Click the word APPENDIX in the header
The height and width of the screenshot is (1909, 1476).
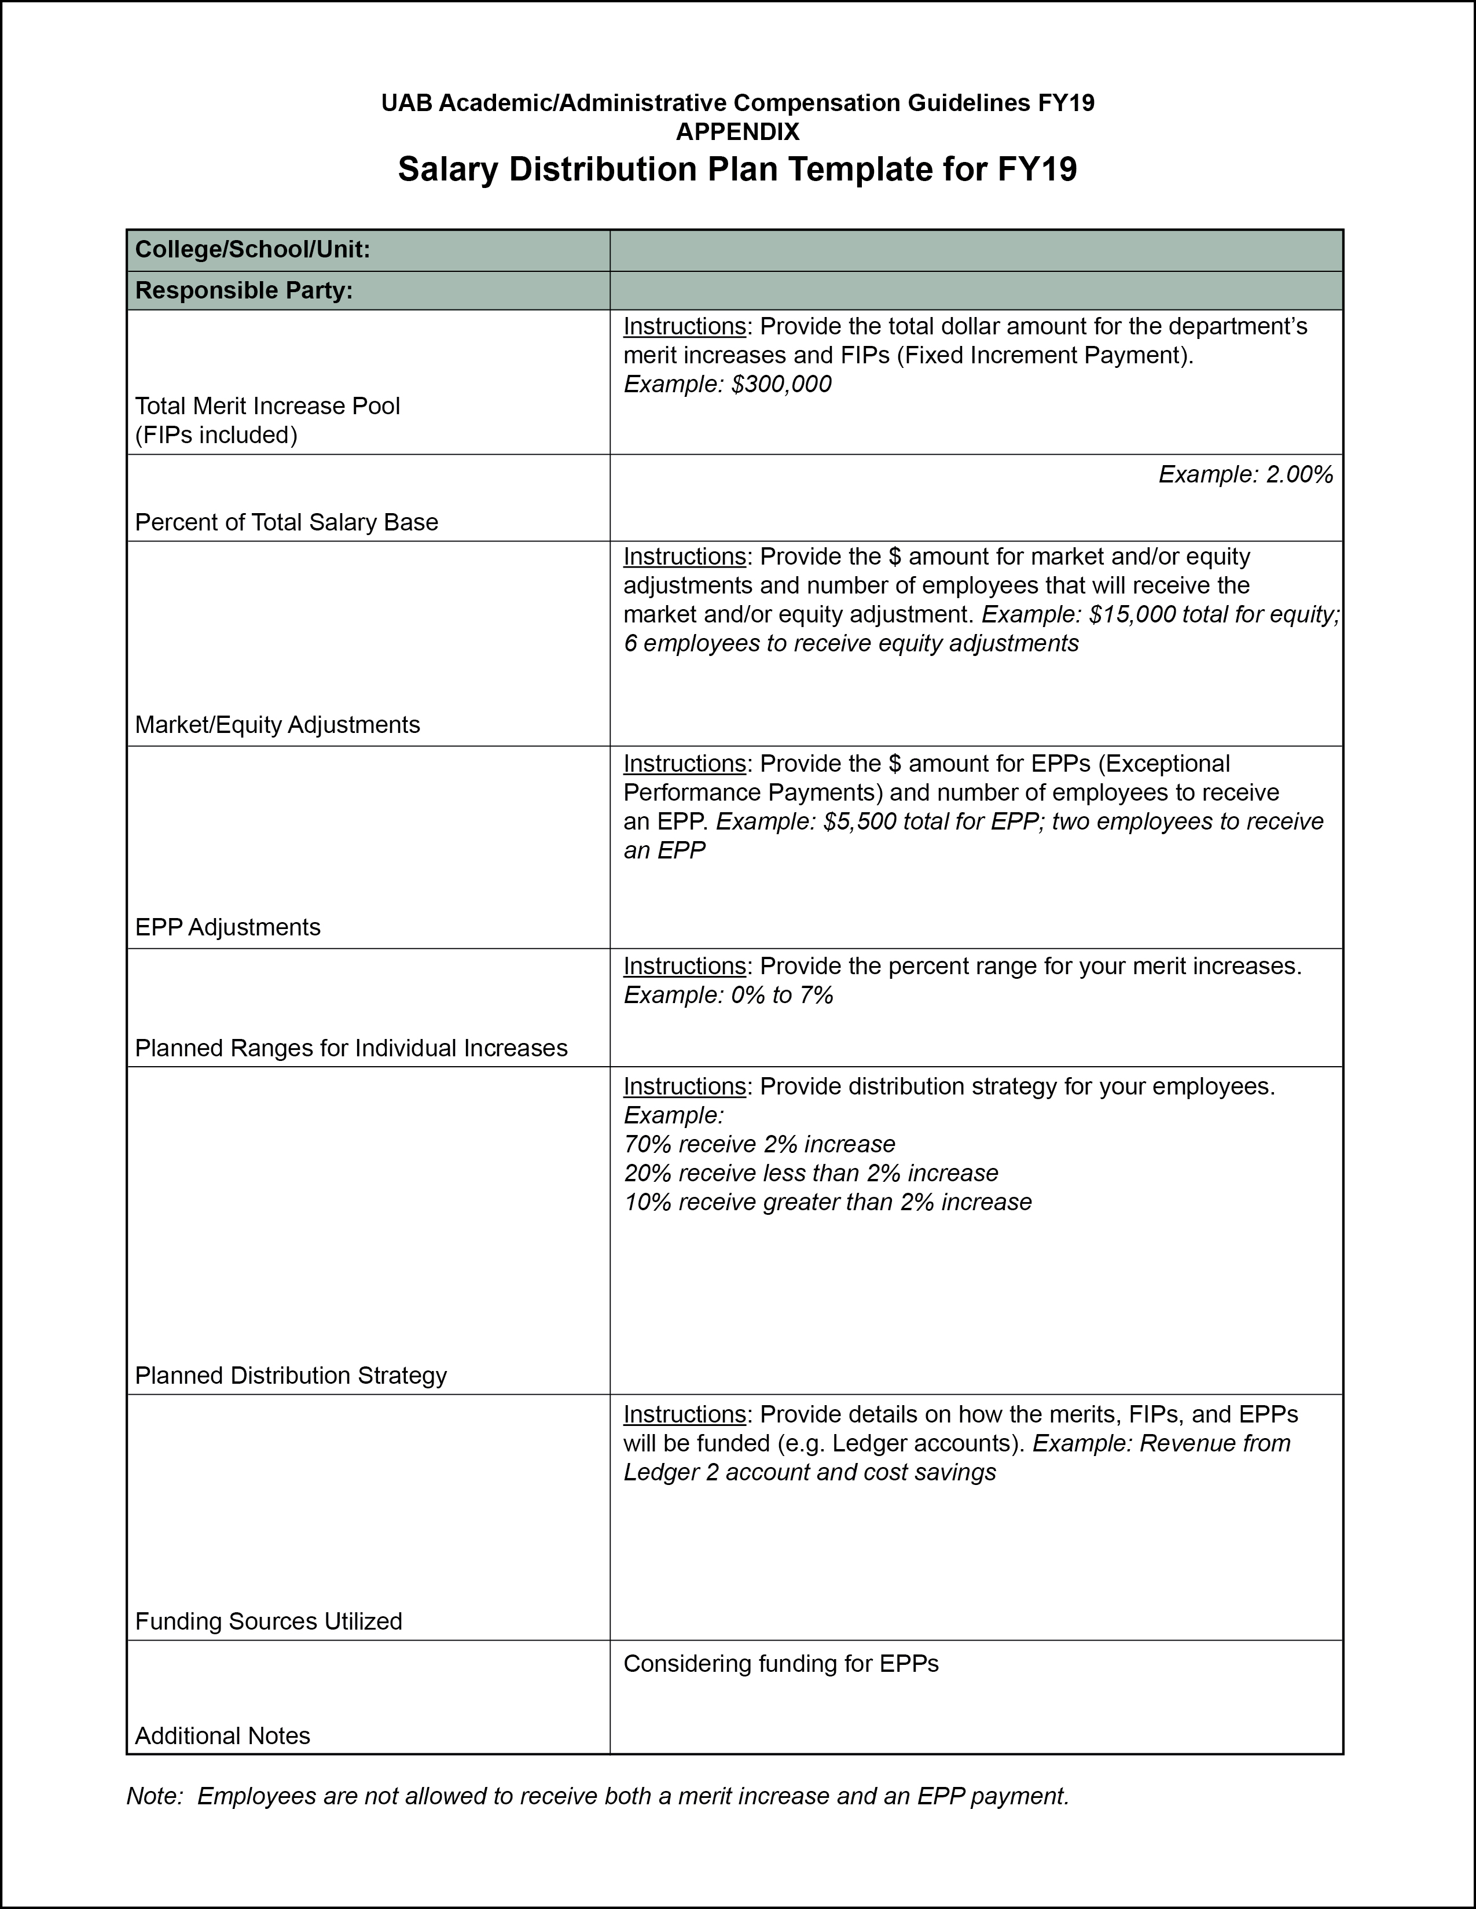click(x=737, y=132)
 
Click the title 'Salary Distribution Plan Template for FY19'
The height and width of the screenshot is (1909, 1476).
click(x=737, y=169)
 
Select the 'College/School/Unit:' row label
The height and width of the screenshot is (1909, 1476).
click(x=253, y=250)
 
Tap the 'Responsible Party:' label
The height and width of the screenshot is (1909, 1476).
click(x=244, y=290)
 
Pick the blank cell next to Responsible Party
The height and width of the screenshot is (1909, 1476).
click(x=976, y=291)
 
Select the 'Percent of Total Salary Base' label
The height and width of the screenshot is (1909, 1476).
click(x=287, y=523)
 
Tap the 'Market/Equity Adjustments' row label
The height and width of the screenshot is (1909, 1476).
click(x=277, y=725)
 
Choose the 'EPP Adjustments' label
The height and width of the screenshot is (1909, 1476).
click(x=227, y=927)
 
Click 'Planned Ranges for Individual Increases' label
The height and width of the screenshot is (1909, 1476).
click(x=351, y=1048)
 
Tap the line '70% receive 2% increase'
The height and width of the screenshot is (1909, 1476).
click(x=759, y=1144)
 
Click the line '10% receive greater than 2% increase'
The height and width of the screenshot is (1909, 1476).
click(x=827, y=1202)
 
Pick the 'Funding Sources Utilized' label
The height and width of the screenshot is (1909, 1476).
click(x=269, y=1621)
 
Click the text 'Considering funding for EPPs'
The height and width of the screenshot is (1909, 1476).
click(x=781, y=1663)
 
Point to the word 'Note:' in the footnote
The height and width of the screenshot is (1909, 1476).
click(x=155, y=1796)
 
